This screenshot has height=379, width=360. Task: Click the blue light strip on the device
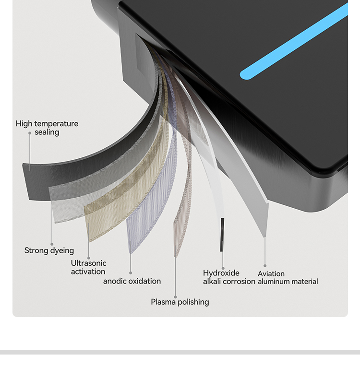click(294, 41)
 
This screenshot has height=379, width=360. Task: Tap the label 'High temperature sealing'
click(47, 128)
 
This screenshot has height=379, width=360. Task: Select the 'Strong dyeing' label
click(49, 250)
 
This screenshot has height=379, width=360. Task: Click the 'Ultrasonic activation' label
click(88, 267)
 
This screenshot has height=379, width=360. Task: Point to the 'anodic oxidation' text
click(132, 281)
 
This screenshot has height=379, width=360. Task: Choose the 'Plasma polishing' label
click(180, 302)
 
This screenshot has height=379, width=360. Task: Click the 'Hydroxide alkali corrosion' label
click(229, 277)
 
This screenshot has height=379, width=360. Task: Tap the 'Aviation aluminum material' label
click(288, 277)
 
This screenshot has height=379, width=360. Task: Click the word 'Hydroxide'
click(221, 273)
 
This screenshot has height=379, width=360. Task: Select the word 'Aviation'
click(271, 273)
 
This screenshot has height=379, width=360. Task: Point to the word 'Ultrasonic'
click(88, 263)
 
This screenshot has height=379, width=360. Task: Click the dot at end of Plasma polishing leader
click(175, 297)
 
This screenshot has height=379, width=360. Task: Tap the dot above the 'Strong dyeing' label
click(52, 244)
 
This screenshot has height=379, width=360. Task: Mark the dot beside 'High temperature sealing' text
click(30, 133)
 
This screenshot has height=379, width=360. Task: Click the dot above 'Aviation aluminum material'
click(265, 266)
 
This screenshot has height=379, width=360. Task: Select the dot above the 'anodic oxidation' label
click(131, 273)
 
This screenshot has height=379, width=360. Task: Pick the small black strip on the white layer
click(222, 235)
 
